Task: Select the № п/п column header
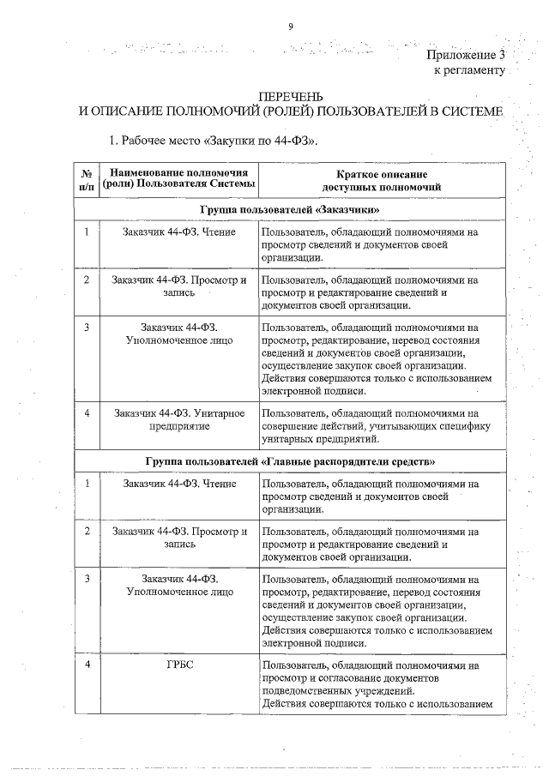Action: [x=87, y=179]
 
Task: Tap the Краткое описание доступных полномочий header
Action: [x=382, y=179]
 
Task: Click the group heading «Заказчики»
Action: [x=291, y=209]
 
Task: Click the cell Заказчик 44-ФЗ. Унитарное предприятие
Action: [x=180, y=419]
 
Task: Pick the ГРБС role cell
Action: [x=180, y=665]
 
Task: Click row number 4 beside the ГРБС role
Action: [x=87, y=665]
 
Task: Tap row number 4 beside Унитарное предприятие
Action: [x=87, y=412]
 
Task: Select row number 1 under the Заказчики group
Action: [x=87, y=231]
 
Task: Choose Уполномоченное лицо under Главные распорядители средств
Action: [x=180, y=592]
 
